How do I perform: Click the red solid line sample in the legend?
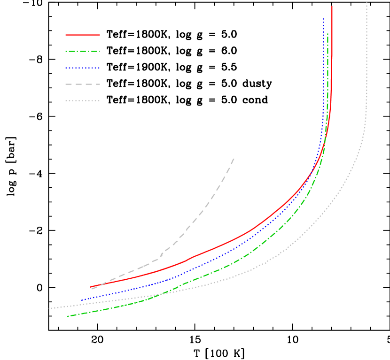click(x=83, y=35)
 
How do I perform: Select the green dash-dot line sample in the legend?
click(x=83, y=52)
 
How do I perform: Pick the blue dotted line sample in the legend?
click(x=83, y=68)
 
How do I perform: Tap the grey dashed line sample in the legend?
click(x=83, y=84)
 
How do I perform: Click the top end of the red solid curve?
click(x=332, y=7)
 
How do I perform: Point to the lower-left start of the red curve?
click(x=91, y=287)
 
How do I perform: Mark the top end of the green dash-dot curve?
click(x=328, y=34)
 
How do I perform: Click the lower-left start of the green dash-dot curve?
click(x=68, y=316)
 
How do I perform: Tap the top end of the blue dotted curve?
click(x=323, y=19)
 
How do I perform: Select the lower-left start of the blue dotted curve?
click(x=81, y=300)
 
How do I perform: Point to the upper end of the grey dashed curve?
click(x=234, y=159)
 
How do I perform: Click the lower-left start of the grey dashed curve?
click(x=92, y=289)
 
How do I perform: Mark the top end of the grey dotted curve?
click(x=367, y=3)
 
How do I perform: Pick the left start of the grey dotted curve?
click(x=51, y=308)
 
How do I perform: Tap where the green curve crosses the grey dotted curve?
click(x=164, y=293)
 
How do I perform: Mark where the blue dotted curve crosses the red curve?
click(x=312, y=172)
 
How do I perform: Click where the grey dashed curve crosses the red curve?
click(x=100, y=285)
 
